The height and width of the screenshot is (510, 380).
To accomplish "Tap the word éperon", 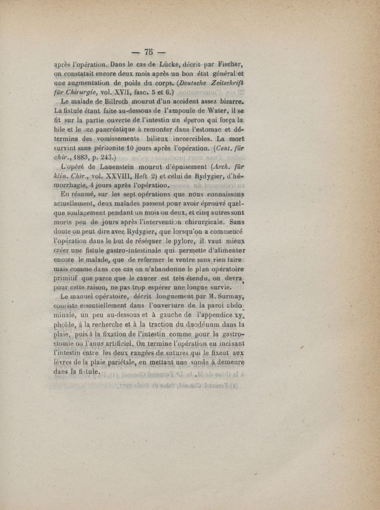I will click(208, 123).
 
